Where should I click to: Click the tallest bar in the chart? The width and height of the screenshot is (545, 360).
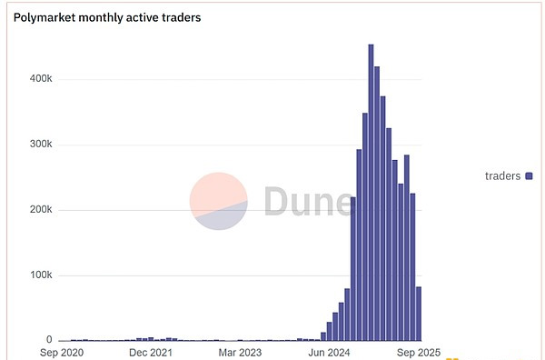371,193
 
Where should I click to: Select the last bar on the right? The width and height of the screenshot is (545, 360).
419,314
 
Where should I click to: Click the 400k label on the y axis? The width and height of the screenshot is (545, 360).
41,78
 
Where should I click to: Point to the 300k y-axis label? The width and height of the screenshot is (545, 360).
41,144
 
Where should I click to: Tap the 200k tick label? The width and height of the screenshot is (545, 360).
41,209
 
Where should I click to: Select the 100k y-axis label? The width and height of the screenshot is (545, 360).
41,275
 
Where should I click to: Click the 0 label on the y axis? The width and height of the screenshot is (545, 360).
49,339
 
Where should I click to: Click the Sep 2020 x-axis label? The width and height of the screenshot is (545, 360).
62,353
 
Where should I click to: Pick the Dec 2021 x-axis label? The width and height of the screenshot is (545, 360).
151,353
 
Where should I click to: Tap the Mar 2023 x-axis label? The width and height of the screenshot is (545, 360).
240,353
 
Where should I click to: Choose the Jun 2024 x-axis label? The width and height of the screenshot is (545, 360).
329,353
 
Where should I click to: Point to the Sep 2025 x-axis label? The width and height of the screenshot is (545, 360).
419,353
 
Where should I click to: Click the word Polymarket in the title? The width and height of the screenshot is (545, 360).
45,18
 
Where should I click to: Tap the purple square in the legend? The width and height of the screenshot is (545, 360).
529,176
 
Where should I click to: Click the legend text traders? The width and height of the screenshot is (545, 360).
502,176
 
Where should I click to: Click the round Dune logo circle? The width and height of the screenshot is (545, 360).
218,201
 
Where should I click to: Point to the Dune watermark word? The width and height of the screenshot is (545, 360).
309,201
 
